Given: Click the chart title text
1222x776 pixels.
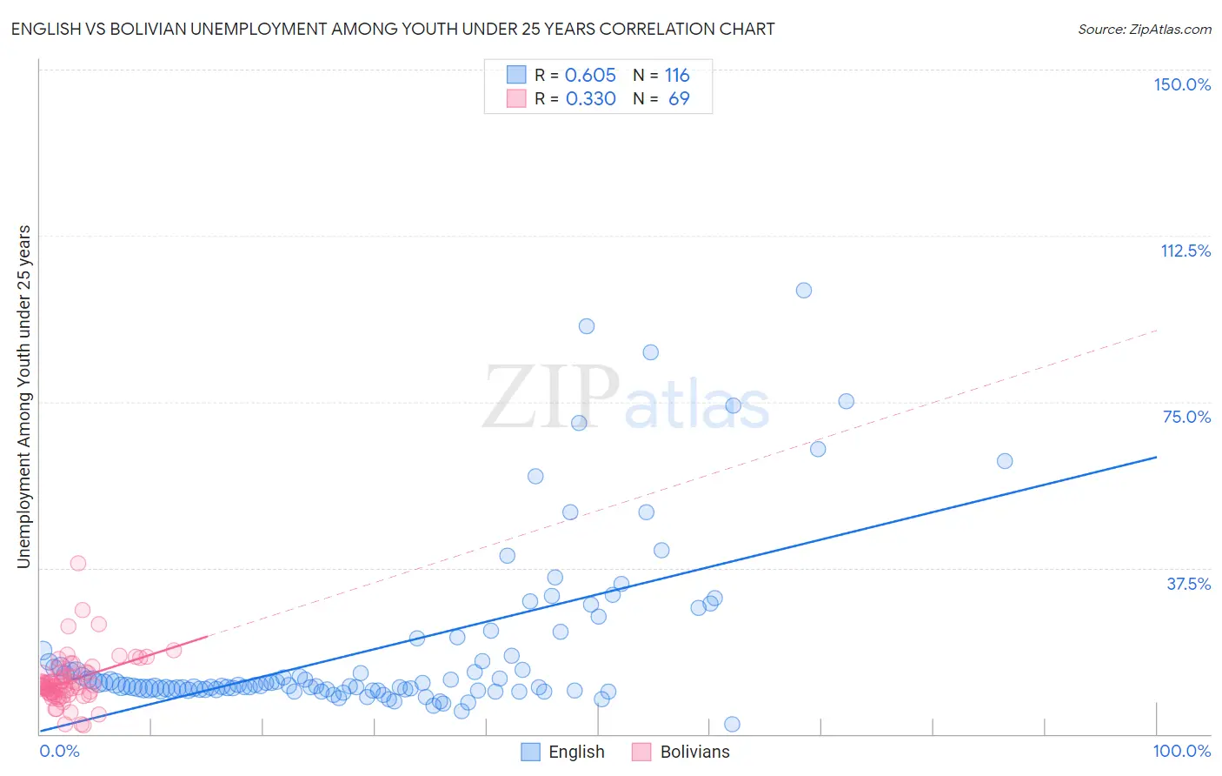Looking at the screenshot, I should [x=393, y=29].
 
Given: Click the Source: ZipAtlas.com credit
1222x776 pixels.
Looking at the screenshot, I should [x=1144, y=29].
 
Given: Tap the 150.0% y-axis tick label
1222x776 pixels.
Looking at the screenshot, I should [x=1182, y=84].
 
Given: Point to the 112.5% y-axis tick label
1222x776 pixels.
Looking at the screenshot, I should [x=1185, y=251].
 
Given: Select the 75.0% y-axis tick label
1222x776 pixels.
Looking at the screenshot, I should [x=1186, y=417].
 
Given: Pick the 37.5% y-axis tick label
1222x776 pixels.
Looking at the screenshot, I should [x=1188, y=584].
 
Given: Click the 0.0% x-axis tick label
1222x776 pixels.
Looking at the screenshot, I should [x=59, y=751].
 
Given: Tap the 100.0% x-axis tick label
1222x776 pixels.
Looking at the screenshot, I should [x=1182, y=751].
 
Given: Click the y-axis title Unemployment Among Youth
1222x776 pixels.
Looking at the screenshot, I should [x=24, y=397].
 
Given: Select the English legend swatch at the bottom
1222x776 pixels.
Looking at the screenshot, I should [x=530, y=752].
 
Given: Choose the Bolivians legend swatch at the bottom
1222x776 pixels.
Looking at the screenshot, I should [x=641, y=752].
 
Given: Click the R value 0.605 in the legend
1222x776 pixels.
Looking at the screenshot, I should [x=590, y=75].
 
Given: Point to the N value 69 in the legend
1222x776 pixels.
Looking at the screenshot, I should [x=679, y=98].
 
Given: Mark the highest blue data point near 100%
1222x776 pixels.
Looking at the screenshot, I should [x=804, y=291].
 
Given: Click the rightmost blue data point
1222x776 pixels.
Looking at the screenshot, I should [x=1005, y=461].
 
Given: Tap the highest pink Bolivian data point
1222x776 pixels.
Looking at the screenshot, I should [x=78, y=563].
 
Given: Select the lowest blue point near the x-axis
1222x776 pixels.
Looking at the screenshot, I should [x=732, y=725].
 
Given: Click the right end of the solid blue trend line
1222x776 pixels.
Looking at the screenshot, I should [x=1157, y=457].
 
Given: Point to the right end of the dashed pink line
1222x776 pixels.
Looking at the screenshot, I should [x=1157, y=331].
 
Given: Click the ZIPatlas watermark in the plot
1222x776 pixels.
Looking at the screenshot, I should [x=626, y=398].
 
